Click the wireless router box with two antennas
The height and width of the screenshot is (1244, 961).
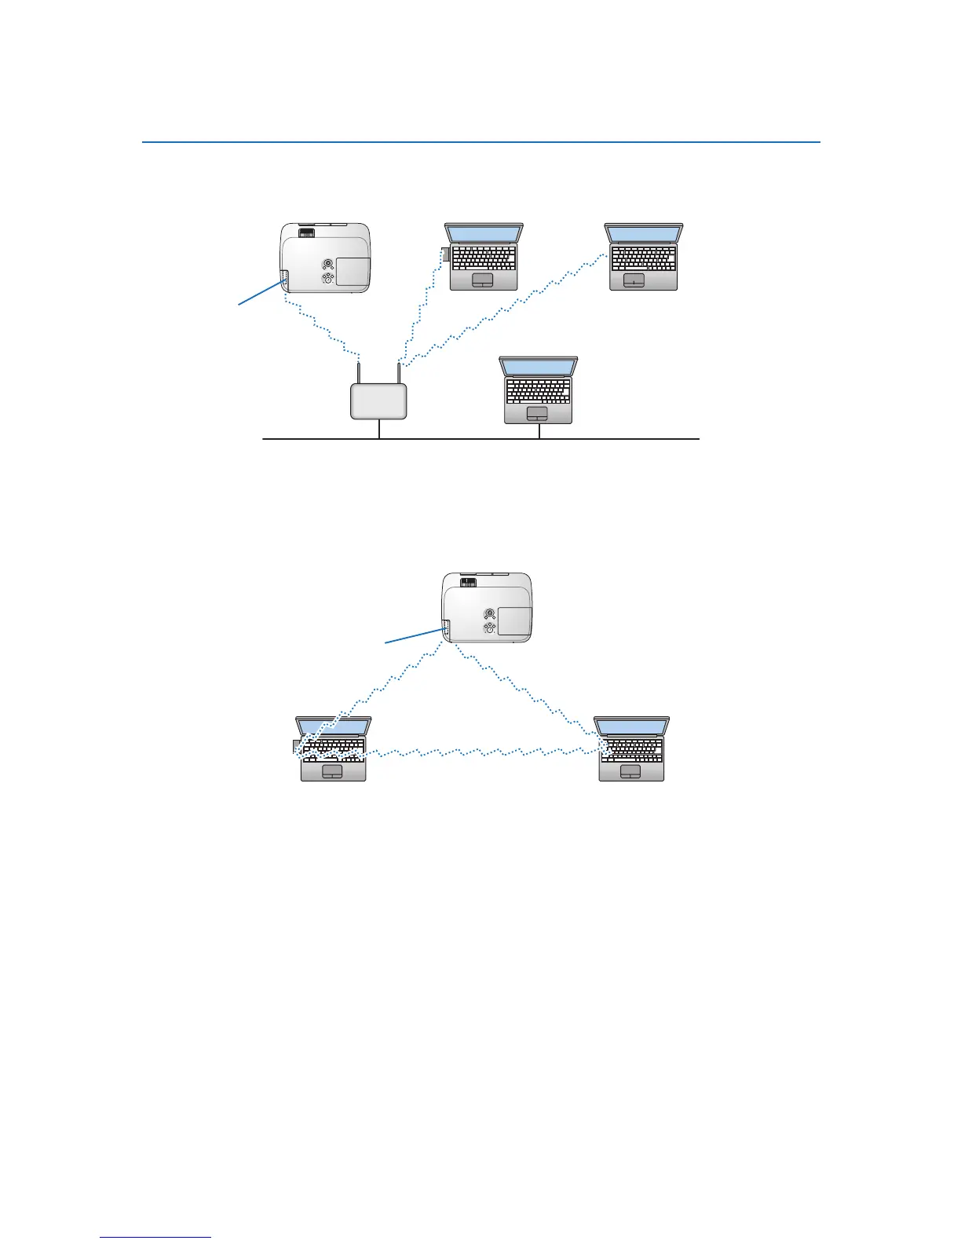pos(378,401)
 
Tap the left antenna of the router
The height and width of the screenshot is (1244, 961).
pos(359,373)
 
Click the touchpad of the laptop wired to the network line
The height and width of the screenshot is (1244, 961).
pos(537,413)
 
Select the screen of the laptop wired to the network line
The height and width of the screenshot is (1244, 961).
pos(539,368)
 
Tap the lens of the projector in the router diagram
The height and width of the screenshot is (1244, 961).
pos(307,232)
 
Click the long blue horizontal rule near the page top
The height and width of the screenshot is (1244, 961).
pos(480,143)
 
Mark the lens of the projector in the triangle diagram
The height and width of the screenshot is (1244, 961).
pos(468,583)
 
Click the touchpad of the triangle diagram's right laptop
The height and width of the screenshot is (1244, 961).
pos(630,773)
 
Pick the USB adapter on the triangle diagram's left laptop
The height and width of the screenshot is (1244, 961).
pos(296,745)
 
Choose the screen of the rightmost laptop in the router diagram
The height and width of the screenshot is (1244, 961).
pos(644,233)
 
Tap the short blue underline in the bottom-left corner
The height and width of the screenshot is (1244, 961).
pos(155,1238)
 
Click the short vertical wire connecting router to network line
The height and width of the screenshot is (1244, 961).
pos(379,429)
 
